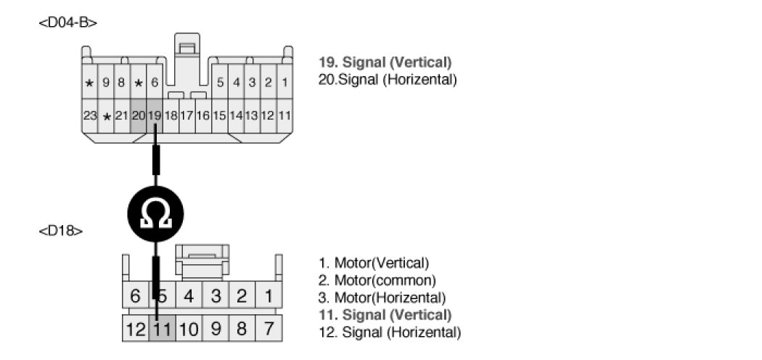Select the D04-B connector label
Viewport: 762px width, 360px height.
(x=67, y=22)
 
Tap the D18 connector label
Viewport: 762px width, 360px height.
(x=60, y=231)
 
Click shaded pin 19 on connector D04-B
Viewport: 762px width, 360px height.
(x=155, y=115)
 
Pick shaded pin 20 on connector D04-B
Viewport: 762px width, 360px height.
(x=139, y=115)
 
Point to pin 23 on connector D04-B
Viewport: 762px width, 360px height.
(x=90, y=115)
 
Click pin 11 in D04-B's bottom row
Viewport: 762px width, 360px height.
(x=284, y=115)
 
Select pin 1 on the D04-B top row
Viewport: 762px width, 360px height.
(x=284, y=83)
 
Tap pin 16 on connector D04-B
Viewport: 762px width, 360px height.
(x=203, y=115)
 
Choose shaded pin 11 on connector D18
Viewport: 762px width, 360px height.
(x=163, y=329)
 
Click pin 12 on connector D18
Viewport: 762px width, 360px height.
(x=135, y=329)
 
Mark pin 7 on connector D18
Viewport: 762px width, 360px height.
(x=269, y=329)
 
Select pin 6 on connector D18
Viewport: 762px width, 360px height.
(x=135, y=296)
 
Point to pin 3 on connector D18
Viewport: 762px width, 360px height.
(x=216, y=296)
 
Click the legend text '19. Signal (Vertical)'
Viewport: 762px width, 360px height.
(x=385, y=62)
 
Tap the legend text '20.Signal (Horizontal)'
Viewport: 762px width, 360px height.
(x=388, y=79)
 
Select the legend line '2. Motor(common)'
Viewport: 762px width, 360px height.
(x=377, y=280)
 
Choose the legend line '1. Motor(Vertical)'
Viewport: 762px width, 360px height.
(x=374, y=263)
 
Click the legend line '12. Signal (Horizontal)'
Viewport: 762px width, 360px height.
(x=390, y=332)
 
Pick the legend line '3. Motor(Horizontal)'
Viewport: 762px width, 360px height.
(x=382, y=298)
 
